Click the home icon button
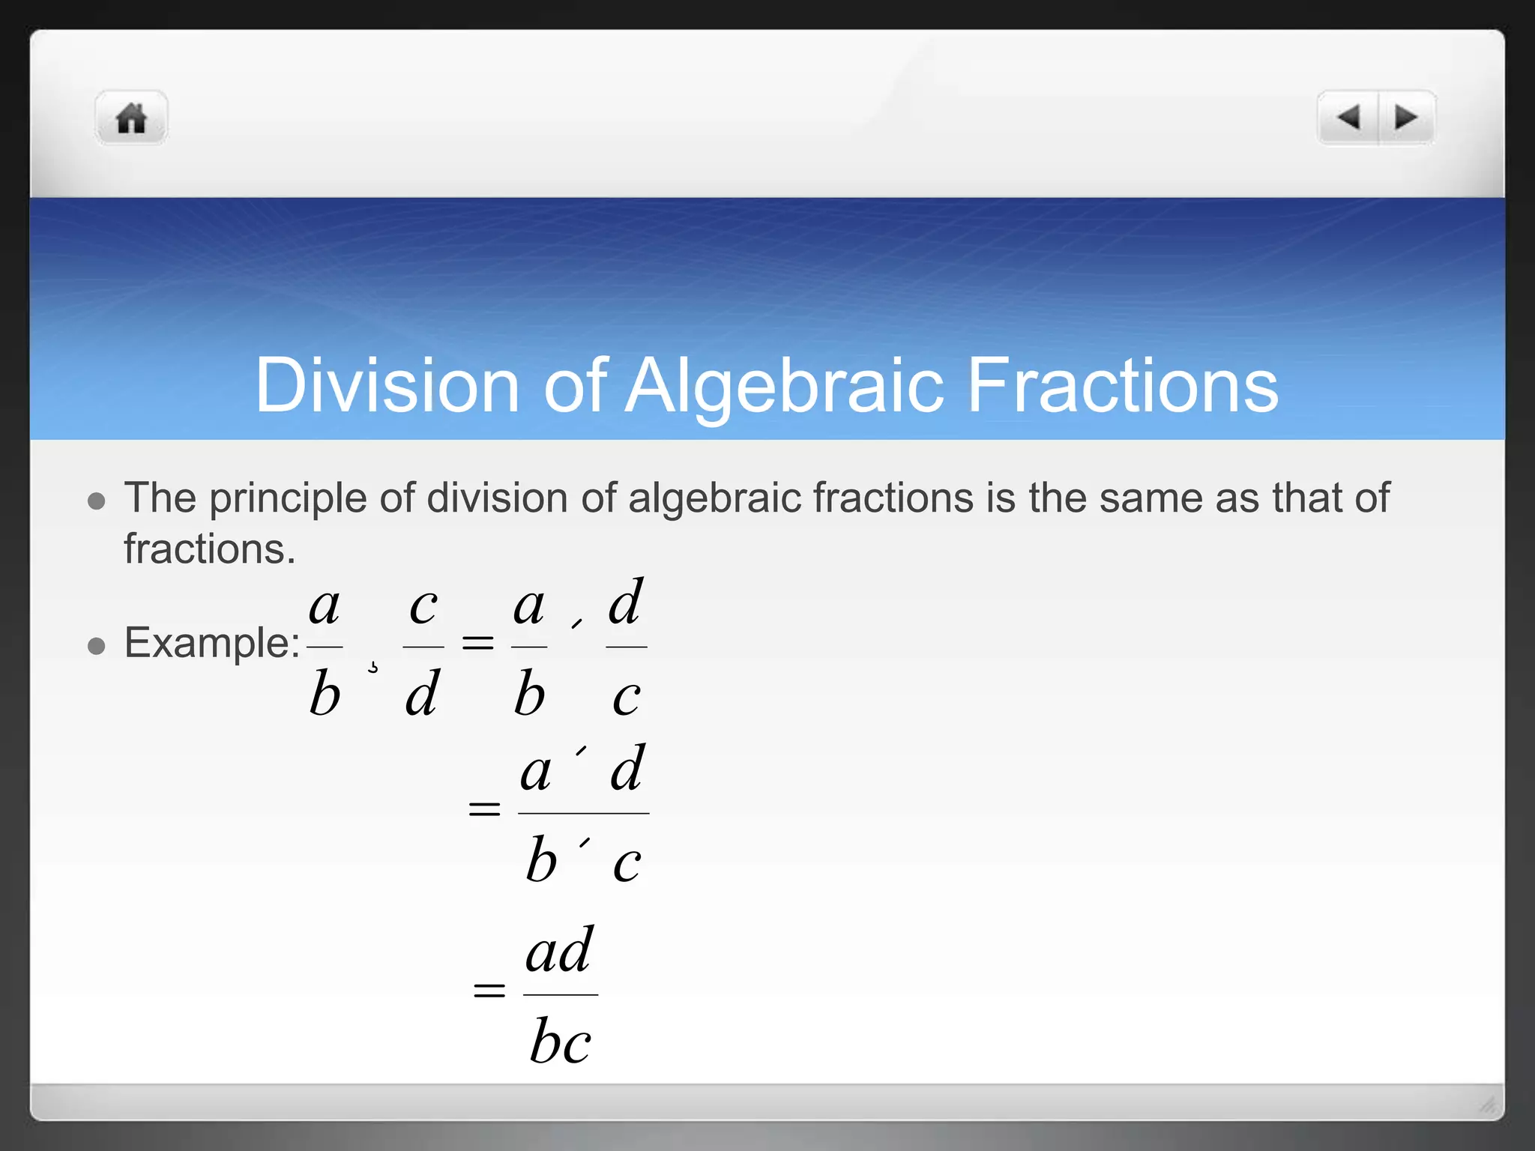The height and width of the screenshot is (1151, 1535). click(131, 118)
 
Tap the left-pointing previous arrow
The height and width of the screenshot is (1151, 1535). click(1348, 118)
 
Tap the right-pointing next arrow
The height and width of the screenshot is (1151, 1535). click(1406, 118)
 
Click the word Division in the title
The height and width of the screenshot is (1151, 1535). click(387, 385)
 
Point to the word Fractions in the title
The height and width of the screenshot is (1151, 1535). click(1122, 385)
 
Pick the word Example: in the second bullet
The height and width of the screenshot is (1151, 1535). click(212, 643)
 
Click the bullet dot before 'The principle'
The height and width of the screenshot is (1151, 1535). click(96, 501)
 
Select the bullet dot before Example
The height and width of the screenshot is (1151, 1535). click(96, 645)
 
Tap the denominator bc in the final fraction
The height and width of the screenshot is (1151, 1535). click(560, 1042)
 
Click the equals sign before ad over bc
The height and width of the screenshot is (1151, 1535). click(489, 991)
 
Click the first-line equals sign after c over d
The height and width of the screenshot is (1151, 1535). click(477, 642)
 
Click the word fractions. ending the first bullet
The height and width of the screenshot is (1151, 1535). click(209, 549)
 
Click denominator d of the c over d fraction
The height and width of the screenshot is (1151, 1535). click(422, 694)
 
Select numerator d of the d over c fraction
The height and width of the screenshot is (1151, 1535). click(626, 602)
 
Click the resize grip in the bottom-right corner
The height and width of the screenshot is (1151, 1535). click(1487, 1104)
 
